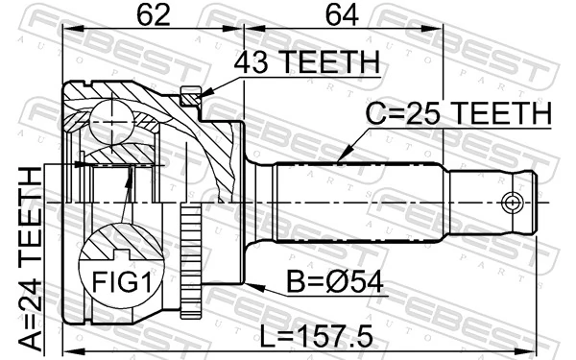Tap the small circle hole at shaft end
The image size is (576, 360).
514,203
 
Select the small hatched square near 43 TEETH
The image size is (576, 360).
189,95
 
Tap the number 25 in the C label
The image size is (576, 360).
424,113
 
